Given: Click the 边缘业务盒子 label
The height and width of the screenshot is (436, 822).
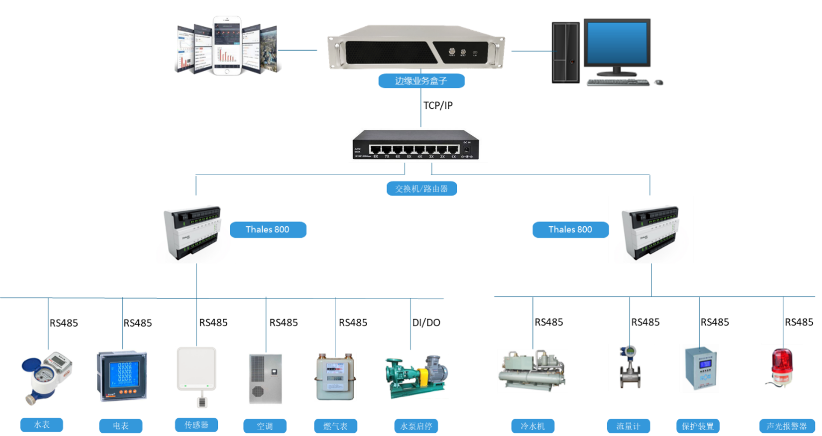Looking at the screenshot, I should [421, 81].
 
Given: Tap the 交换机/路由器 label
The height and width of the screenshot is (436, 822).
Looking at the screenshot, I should [421, 189].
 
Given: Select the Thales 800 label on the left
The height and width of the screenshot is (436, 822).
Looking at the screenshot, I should [268, 230].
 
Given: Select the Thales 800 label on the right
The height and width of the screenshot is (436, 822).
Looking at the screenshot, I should [570, 230].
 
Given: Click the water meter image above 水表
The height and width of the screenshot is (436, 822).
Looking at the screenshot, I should [47, 377].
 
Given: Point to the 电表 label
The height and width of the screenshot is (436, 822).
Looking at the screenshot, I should [121, 426].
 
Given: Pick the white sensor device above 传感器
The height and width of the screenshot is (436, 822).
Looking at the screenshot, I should [196, 377].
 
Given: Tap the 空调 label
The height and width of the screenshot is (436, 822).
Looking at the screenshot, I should [265, 426].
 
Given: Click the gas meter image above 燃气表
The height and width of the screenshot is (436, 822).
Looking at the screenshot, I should [335, 376].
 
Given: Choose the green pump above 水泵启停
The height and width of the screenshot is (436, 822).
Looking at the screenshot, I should [417, 376].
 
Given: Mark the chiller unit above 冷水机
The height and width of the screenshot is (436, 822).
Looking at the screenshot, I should [532, 371].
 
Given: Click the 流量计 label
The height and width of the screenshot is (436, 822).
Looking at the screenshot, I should [628, 426].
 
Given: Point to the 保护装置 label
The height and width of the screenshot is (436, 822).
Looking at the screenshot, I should [698, 426].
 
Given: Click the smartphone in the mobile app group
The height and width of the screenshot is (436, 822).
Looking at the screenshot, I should [227, 45].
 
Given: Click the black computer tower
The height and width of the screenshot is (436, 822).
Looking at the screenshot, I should [566, 52].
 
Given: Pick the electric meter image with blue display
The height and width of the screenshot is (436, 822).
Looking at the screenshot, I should [122, 376].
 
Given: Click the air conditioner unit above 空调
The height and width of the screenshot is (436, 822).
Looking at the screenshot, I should [264, 379].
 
